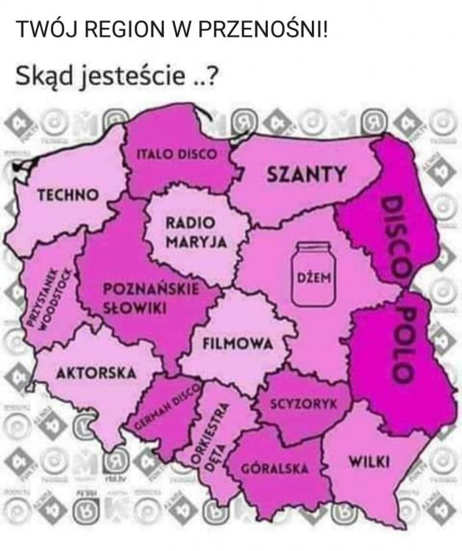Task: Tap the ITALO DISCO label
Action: pos(178,154)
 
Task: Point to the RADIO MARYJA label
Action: pos(191,231)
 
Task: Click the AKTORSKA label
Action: pos(96,372)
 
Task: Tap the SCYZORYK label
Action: pos(303,404)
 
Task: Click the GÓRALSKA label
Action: pos(275,469)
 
